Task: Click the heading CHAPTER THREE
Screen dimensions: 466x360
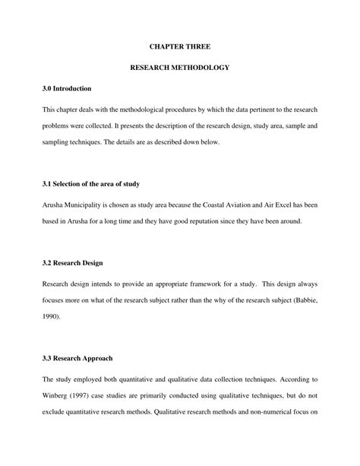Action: click(x=179, y=46)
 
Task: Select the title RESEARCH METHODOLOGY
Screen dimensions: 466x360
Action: click(x=179, y=68)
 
